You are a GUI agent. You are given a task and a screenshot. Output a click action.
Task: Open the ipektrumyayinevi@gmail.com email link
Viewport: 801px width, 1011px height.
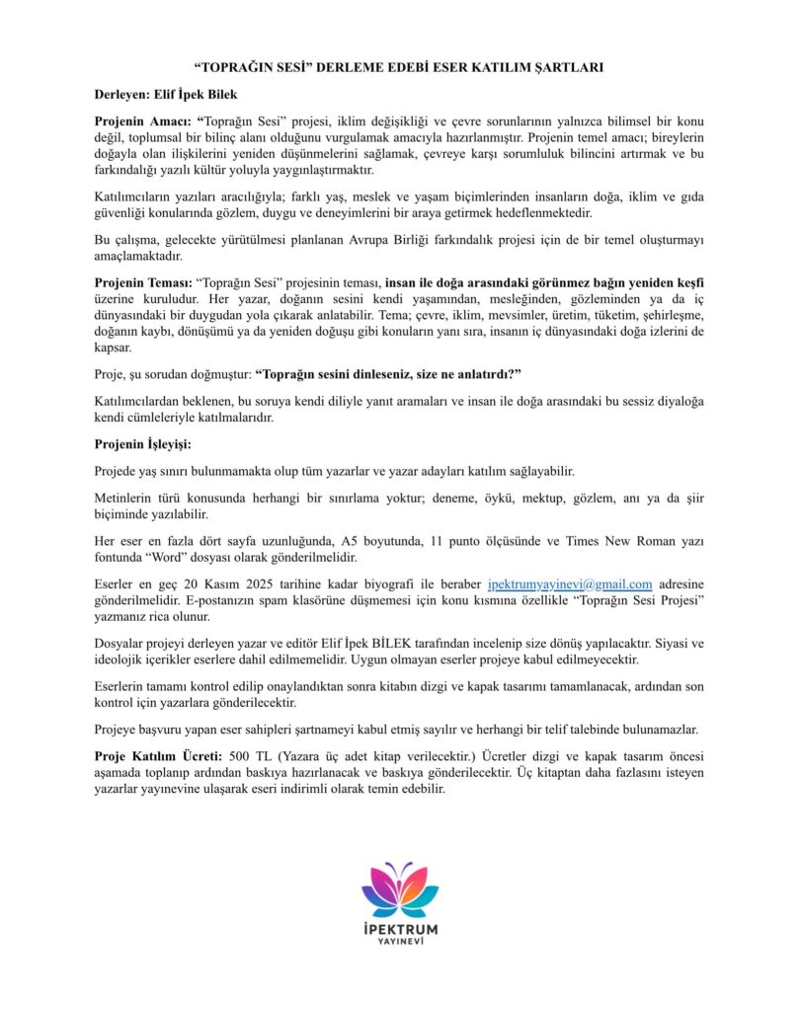tap(570, 584)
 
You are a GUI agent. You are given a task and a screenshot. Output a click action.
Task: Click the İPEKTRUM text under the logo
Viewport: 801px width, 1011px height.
tap(400, 929)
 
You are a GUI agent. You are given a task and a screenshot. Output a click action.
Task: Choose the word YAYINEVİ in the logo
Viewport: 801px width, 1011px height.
tap(400, 943)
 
